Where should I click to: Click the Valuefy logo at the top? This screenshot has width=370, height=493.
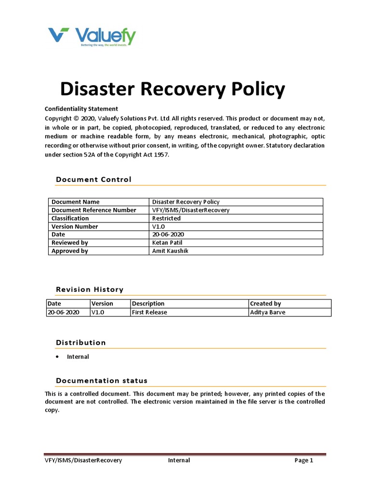click(x=92, y=37)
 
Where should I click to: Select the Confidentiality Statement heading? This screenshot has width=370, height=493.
click(x=81, y=109)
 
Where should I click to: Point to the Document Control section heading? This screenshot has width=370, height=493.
click(x=93, y=180)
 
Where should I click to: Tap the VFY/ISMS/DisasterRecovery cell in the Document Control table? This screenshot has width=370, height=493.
click(x=191, y=210)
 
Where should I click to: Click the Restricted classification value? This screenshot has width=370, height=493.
click(x=166, y=218)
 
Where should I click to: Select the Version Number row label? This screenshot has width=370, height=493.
click(x=75, y=226)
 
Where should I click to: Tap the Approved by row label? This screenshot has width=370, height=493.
click(x=70, y=251)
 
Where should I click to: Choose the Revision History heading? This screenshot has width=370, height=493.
click(x=90, y=289)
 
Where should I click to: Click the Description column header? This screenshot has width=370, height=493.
click(x=148, y=304)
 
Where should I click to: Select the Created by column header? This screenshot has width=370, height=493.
click(x=265, y=304)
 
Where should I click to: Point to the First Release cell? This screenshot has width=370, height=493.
click(x=149, y=312)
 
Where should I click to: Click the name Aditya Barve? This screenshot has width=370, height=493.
click(x=267, y=312)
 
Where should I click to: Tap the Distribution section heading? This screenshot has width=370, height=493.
click(x=81, y=343)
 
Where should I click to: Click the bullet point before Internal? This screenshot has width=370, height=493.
click(x=57, y=357)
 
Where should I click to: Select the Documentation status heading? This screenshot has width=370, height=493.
click(x=102, y=380)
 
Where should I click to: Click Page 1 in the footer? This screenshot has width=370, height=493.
click(x=304, y=460)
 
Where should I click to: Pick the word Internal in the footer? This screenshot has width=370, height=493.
click(x=179, y=460)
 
